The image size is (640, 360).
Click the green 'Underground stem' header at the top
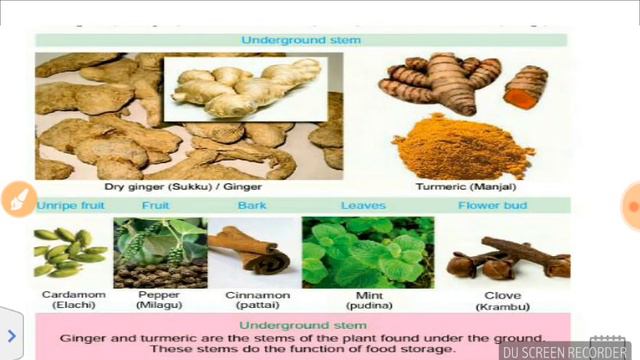click(x=301, y=40)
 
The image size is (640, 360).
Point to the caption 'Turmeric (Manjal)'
click(x=466, y=186)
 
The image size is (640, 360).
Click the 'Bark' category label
click(x=252, y=206)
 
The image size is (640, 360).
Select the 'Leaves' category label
click(x=362, y=206)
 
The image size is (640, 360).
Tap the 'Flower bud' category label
click(x=492, y=206)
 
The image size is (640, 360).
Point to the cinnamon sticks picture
click(x=251, y=253)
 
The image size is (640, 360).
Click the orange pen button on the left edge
click(x=17, y=200)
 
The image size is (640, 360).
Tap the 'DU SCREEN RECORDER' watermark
click(x=566, y=352)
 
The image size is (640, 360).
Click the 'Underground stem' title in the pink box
click(x=300, y=326)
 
